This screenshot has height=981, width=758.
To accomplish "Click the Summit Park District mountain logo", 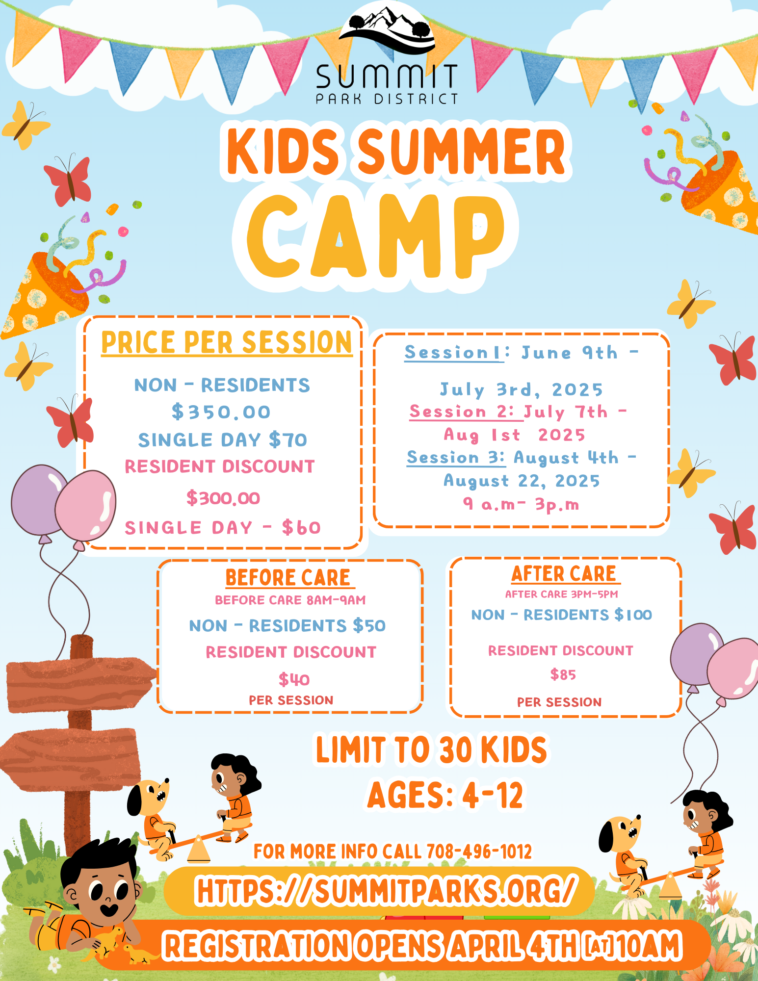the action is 387,30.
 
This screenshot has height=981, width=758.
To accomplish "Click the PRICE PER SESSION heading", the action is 227,342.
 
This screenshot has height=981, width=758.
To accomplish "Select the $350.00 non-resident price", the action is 221,412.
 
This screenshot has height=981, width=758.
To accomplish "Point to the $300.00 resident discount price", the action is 223,498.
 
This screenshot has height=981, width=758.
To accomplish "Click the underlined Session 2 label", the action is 461,412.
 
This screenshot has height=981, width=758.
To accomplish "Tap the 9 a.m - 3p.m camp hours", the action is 521,504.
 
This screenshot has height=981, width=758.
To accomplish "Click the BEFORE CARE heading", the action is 288,577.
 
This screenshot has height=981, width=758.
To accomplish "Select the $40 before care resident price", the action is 294,679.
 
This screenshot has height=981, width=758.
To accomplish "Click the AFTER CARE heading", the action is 564,573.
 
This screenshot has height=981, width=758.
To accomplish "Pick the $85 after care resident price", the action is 563,674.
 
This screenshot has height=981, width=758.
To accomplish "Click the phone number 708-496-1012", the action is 479,852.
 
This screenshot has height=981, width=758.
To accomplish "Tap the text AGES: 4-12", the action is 445,795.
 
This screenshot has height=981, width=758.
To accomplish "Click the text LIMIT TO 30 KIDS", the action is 431,749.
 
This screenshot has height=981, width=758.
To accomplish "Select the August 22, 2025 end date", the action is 522,481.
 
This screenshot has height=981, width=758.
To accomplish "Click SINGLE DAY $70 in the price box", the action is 222,439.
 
